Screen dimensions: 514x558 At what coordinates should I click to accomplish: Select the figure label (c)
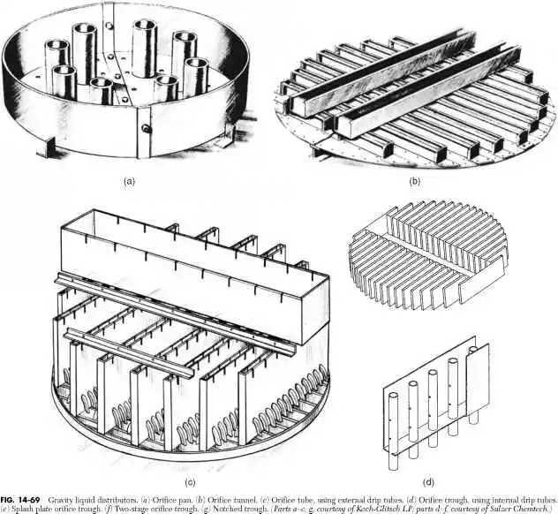pos(189,482)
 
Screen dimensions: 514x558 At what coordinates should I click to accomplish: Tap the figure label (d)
pos(427,482)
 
